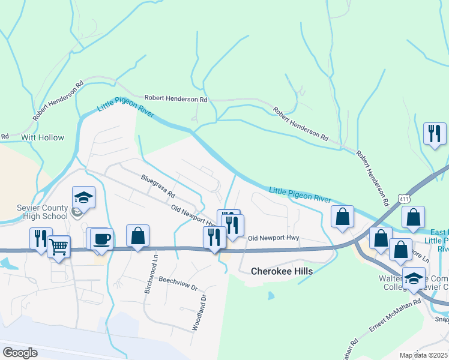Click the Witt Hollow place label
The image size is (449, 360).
point(42,137)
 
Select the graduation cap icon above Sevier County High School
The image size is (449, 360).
point(83,197)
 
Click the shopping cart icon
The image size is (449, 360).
point(58,246)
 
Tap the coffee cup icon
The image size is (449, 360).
point(101,238)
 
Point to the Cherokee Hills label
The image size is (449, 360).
point(282,272)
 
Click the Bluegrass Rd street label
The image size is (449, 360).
point(158,187)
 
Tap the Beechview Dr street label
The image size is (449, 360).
point(178,284)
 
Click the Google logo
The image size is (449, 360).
point(20,353)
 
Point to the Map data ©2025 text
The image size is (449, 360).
point(423,355)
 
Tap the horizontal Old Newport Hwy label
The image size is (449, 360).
point(273,238)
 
